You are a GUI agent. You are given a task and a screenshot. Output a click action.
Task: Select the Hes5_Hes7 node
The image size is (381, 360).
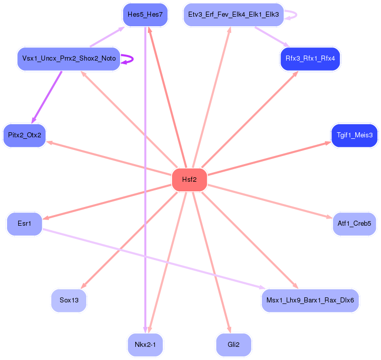click(145, 15)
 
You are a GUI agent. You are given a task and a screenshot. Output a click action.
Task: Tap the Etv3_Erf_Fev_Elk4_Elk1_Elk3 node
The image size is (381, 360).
click(233, 15)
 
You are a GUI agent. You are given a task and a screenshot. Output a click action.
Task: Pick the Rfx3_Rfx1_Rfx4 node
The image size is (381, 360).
click(310, 59)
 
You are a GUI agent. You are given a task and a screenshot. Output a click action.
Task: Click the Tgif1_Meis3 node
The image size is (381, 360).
click(354, 135)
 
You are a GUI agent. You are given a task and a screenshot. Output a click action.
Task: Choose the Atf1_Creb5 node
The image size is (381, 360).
click(354, 223)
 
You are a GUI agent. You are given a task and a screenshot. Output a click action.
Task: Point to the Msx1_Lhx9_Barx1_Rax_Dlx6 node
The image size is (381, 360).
click(310, 300)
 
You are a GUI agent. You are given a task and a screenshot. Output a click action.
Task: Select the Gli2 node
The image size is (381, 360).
click(233, 345)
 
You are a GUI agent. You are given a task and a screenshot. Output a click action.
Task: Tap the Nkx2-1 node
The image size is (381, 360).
click(145, 345)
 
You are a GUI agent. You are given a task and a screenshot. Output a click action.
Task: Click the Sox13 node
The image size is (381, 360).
click(69, 300)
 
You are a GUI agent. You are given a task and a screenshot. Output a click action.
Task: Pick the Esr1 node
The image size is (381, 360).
click(24, 223)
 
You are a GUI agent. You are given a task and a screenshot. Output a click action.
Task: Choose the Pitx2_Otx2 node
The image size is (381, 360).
click(24, 135)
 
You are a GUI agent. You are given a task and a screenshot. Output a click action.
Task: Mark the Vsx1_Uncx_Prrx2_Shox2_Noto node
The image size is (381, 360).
click(69, 59)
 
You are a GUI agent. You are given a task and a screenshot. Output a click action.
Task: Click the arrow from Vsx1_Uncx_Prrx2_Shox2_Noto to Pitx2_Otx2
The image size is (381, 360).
click(47, 96)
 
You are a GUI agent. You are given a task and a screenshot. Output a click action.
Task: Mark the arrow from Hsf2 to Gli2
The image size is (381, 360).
click(210, 260)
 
